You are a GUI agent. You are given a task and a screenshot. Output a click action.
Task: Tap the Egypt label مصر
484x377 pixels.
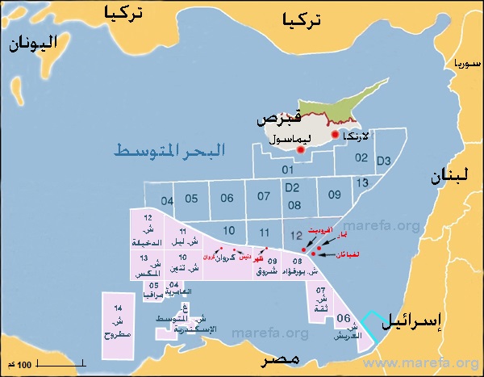273,360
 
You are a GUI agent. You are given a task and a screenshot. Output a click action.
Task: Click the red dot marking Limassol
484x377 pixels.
300,149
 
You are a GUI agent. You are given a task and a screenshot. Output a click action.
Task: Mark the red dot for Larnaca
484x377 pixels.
335,134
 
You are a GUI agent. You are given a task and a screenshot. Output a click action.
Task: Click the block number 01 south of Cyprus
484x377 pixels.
287,170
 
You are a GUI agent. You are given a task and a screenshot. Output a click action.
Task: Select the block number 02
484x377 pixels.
361,158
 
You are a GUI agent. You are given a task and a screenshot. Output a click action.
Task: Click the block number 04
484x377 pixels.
167,200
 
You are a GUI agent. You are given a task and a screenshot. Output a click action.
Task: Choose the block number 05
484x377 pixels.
191,199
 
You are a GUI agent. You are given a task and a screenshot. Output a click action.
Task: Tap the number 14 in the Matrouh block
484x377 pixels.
118,309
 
